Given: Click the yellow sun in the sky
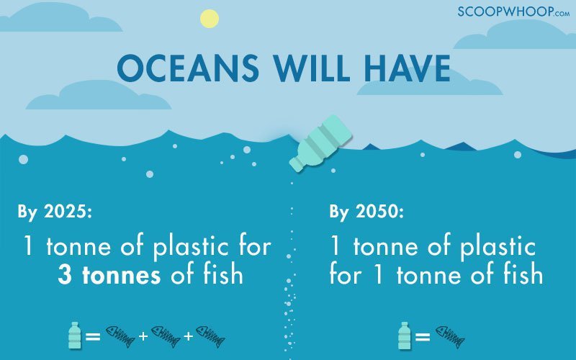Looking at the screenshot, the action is pos(210,19).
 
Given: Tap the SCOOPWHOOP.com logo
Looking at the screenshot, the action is pos(513,12).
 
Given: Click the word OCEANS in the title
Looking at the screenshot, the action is pos(188,68).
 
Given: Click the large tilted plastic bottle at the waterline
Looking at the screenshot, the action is pos(320,143).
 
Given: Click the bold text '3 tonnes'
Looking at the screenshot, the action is pos(109,275).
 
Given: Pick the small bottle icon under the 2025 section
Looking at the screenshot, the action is pos(75,336).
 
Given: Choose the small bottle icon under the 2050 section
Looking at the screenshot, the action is pos(405,336).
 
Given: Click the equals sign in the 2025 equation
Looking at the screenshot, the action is pos(93,336).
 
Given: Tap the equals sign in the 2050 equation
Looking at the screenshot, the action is pos(423,336).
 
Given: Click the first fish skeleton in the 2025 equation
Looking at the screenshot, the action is pos(120,336).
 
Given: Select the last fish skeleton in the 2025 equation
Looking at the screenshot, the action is pos(210,336).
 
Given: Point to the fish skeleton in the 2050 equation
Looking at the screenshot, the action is pos(451,336).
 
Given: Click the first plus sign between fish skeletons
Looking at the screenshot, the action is pos(143,336).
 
